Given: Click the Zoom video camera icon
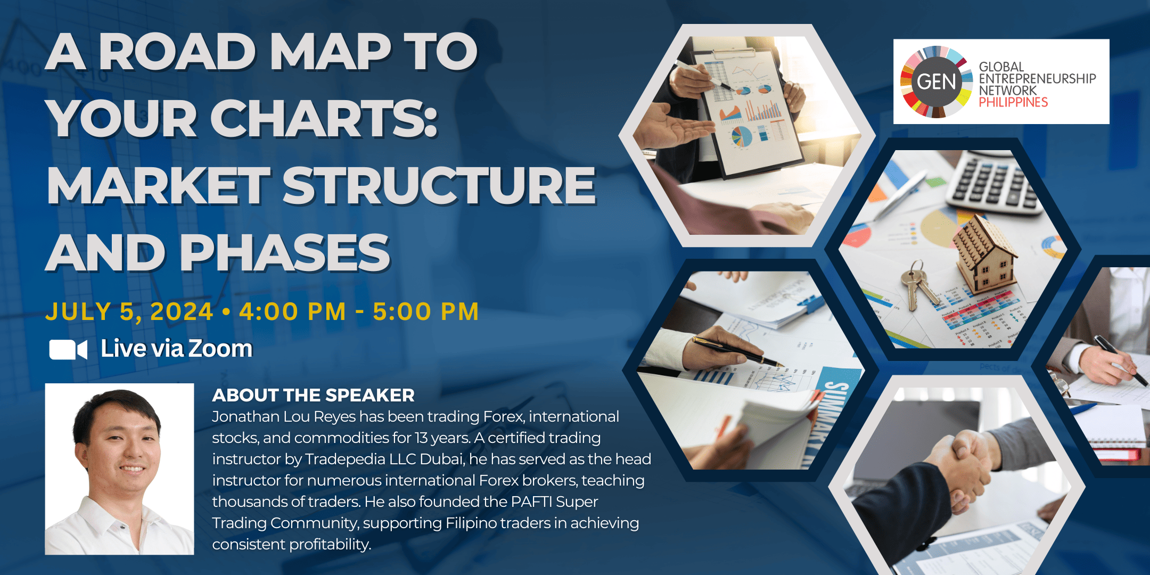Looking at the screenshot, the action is [68, 350].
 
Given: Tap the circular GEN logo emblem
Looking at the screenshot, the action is [936, 81].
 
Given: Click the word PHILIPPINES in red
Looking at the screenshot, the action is [1013, 102].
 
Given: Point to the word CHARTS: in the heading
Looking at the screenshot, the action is [324, 118].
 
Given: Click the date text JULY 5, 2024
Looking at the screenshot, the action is [129, 312].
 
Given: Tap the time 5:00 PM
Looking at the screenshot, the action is [426, 311].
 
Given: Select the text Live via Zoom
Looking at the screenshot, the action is [177, 349].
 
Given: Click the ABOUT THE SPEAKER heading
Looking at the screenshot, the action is [313, 395].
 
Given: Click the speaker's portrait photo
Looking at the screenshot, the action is [119, 469].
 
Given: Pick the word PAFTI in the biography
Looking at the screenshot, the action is [531, 502].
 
